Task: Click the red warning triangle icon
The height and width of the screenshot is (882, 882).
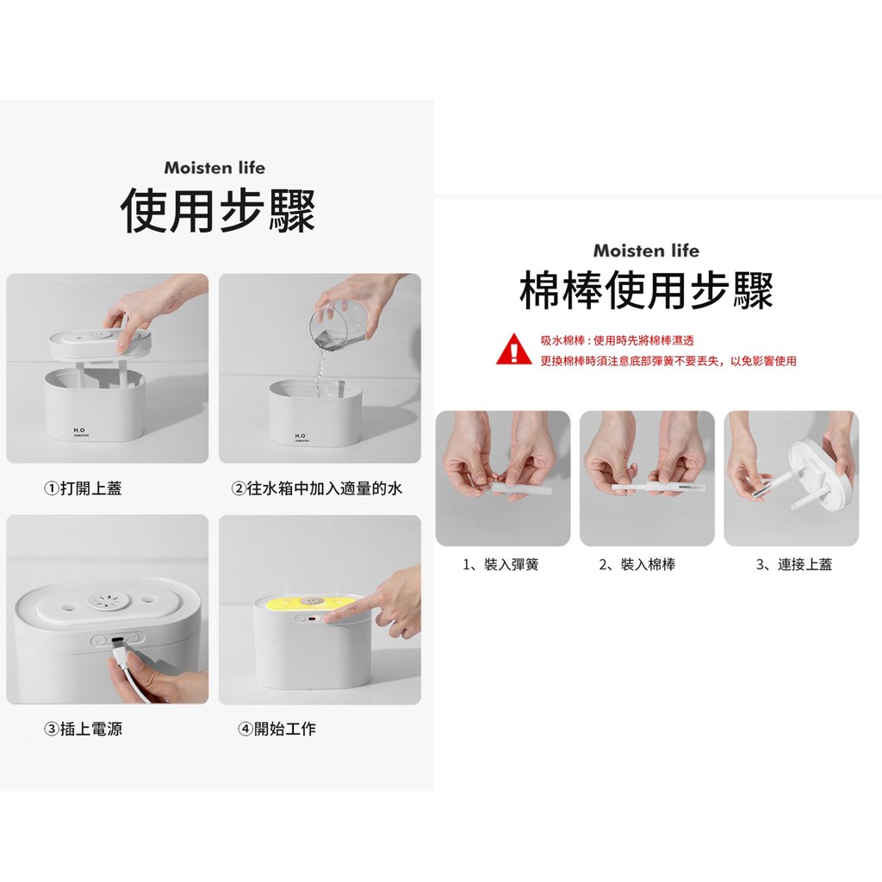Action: pos(513,350)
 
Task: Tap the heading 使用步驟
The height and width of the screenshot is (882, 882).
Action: pos(218,211)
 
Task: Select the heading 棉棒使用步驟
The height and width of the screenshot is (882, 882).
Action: pos(646,290)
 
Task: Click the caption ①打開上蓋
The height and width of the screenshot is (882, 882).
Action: pos(83,488)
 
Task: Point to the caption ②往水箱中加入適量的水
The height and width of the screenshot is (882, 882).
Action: pos(317,488)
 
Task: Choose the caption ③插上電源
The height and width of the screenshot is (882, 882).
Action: pos(83,729)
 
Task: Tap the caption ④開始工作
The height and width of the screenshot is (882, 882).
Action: pos(276,729)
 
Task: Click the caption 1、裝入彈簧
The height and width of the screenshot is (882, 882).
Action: pos(500,564)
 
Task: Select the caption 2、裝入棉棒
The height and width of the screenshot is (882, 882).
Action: pos(637,564)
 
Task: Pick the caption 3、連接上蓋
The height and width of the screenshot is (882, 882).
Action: pos(793,564)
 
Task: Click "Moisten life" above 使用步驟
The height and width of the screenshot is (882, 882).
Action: pos(214,168)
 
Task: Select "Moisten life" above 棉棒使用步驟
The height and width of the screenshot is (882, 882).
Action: pos(646,251)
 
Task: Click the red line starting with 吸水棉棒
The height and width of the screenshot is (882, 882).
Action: pos(617,340)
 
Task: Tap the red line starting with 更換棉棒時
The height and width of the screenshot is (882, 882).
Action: pos(668,361)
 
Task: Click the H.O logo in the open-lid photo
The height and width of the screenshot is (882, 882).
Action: pos(80,431)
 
